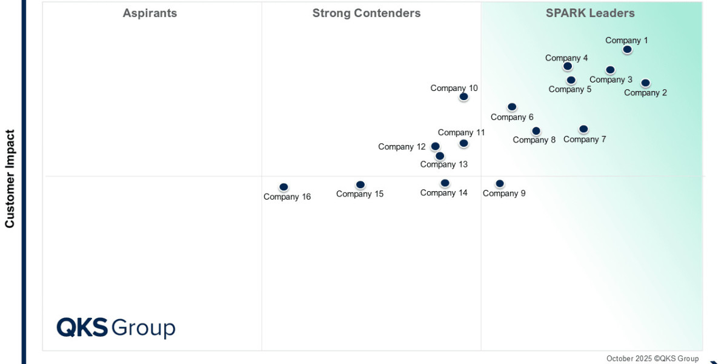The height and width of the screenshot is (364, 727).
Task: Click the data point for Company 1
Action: pyautogui.click(x=627, y=49)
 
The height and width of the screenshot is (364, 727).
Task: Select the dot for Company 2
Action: pyautogui.click(x=645, y=83)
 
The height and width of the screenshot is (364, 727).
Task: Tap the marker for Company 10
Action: pyautogui.click(x=463, y=96)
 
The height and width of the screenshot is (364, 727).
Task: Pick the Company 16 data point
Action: pyautogui.click(x=284, y=187)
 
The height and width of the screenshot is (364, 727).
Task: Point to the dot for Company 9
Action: pyautogui.click(x=500, y=183)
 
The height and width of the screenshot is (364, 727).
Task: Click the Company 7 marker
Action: pyautogui.click(x=583, y=129)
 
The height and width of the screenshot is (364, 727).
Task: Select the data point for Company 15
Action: pyautogui.click(x=360, y=184)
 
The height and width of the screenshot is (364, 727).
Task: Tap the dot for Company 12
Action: pyautogui.click(x=435, y=146)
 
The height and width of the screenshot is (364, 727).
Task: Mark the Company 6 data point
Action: pyautogui.click(x=512, y=107)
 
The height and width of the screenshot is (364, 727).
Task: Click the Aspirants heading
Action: pyautogui.click(x=150, y=13)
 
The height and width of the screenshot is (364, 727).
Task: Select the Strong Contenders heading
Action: pyautogui.click(x=367, y=13)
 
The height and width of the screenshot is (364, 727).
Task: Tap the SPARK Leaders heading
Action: pyautogui.click(x=590, y=13)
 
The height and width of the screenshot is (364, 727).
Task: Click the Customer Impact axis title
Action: pyautogui.click(x=10, y=179)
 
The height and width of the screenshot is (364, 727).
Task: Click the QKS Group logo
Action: pyautogui.click(x=116, y=328)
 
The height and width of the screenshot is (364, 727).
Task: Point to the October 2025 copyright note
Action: pyautogui.click(x=652, y=359)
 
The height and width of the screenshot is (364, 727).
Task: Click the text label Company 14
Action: pyautogui.click(x=444, y=193)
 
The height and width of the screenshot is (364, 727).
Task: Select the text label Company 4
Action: pyautogui.click(x=566, y=58)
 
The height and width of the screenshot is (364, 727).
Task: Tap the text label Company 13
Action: pyautogui.click(x=444, y=164)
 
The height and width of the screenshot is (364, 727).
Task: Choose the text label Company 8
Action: pyautogui.click(x=534, y=140)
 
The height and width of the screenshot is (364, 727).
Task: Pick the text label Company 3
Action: pyautogui.click(x=611, y=79)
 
